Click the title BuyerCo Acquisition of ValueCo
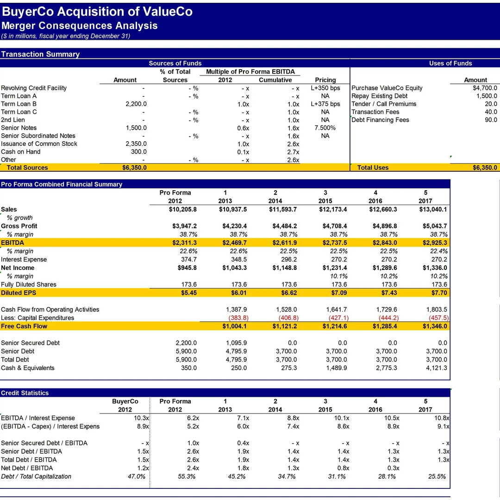[x=97, y=12]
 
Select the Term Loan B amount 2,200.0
[x=136, y=104]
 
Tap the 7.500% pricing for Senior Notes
[x=325, y=128]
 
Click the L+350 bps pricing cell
[x=325, y=88]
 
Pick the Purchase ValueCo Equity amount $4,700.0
[x=485, y=88]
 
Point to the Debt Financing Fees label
[x=380, y=120]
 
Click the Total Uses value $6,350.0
[x=485, y=168]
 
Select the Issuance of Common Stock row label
[x=39, y=144]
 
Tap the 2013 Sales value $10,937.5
[x=233, y=210]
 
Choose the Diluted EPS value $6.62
[x=289, y=293]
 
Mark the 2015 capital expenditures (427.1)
[x=338, y=318]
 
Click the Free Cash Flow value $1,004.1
[x=234, y=326]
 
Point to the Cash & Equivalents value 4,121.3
[x=437, y=368]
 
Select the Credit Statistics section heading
[x=25, y=393]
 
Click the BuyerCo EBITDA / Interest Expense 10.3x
[x=141, y=418]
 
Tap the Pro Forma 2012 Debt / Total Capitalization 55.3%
[x=187, y=476]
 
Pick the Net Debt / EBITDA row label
[x=27, y=468]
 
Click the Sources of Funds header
[x=175, y=63]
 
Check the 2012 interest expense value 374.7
[x=188, y=260]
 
